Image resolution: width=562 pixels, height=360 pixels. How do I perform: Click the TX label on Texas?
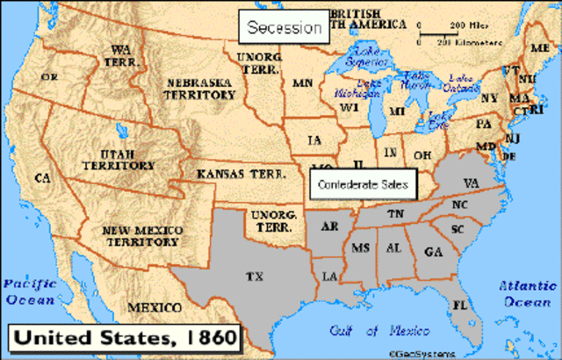pyautogui.click(x=255, y=277)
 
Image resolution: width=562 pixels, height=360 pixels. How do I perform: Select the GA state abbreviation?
pyautogui.click(x=432, y=251)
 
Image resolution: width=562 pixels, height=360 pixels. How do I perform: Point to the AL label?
pyautogui.click(x=393, y=248)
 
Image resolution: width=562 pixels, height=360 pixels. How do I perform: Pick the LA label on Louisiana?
pyautogui.click(x=330, y=277)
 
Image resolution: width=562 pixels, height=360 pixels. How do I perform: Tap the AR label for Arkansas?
pyautogui.click(x=330, y=227)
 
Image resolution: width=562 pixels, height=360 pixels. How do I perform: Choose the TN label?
pyautogui.click(x=397, y=215)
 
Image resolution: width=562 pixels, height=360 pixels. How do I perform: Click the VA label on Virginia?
pyautogui.click(x=471, y=184)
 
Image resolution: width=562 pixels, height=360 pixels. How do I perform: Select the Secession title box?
pyautogui.click(x=283, y=27)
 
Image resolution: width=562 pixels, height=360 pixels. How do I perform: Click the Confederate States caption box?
pyautogui.click(x=363, y=184)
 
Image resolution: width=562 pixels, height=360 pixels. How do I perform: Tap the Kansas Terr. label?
pyautogui.click(x=238, y=174)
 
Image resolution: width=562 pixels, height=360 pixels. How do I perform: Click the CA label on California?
pyautogui.click(x=41, y=178)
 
